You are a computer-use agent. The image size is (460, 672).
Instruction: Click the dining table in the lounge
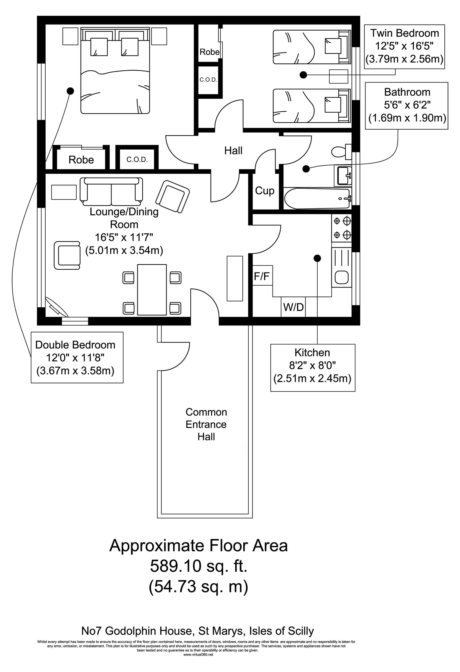152,290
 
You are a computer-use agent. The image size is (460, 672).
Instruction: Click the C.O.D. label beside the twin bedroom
208,80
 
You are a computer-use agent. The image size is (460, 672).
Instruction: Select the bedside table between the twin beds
338,76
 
